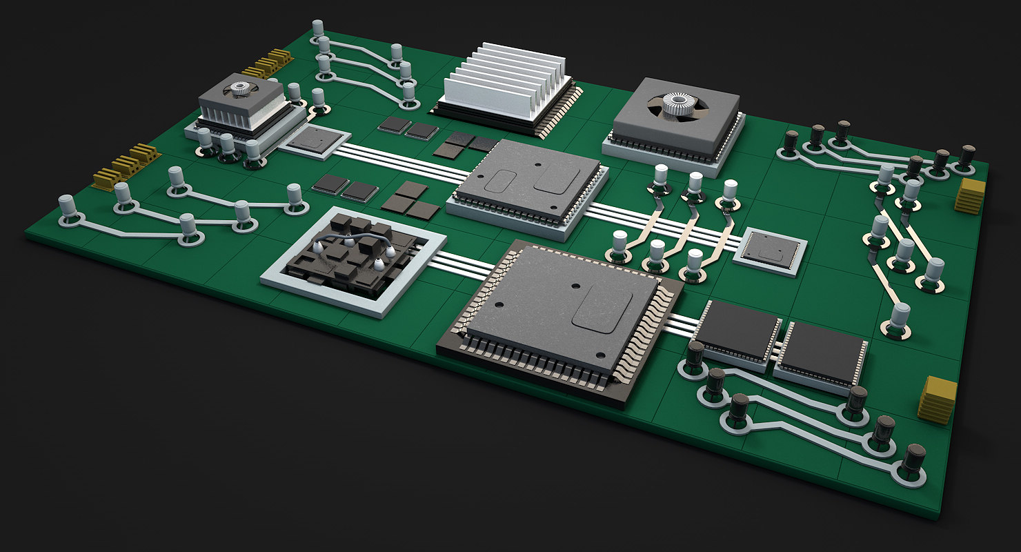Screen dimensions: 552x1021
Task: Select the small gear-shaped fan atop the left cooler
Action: point(239,88)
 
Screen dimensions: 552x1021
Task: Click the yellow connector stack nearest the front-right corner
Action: point(938,400)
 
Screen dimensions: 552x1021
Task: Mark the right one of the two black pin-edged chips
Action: point(822,352)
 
